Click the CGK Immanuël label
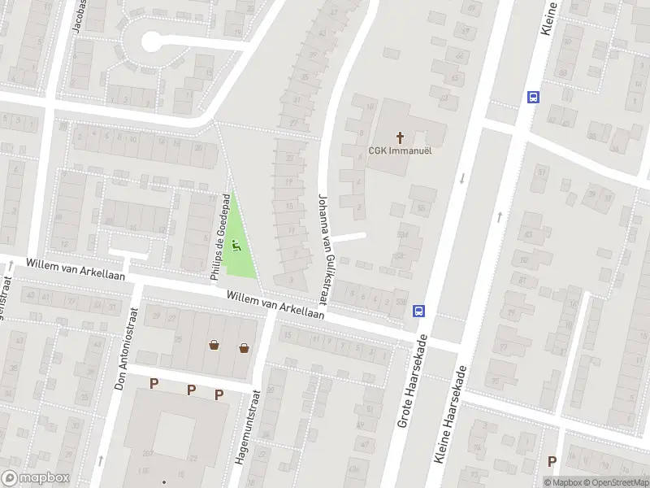click(x=400, y=150)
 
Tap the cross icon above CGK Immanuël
click(x=400, y=137)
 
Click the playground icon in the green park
click(x=237, y=244)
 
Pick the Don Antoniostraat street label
click(x=127, y=347)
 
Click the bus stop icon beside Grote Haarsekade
click(x=419, y=310)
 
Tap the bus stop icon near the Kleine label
click(x=533, y=97)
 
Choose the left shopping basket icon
click(x=214, y=346)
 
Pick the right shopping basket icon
click(x=244, y=348)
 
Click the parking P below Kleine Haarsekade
click(x=552, y=461)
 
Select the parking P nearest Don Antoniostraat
click(x=154, y=383)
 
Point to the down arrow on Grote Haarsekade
click(x=461, y=178)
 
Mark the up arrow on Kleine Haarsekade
click(x=498, y=217)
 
